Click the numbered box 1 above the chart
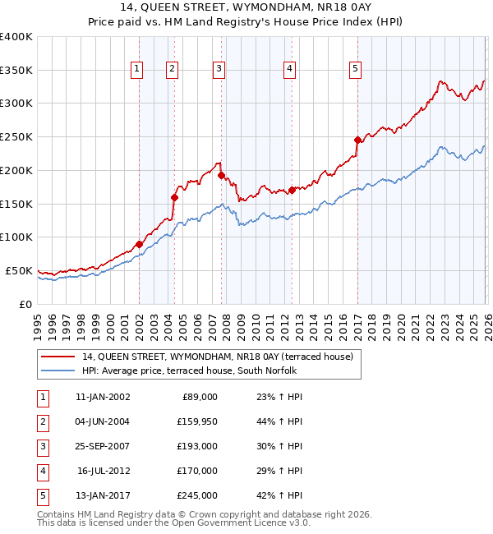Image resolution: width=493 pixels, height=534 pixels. click(136, 70)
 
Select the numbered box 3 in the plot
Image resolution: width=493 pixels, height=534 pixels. click(219, 70)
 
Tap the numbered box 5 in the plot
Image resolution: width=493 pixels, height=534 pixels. click(355, 70)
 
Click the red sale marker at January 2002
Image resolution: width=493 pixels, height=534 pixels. click(140, 244)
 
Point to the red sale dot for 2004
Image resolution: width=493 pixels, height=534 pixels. click(174, 197)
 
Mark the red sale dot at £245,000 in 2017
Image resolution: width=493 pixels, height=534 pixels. click(357, 140)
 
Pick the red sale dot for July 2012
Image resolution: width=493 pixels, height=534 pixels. click(292, 190)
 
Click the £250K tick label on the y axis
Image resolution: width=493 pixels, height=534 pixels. click(16, 137)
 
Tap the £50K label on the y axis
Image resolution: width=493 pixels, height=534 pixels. click(20, 270)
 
